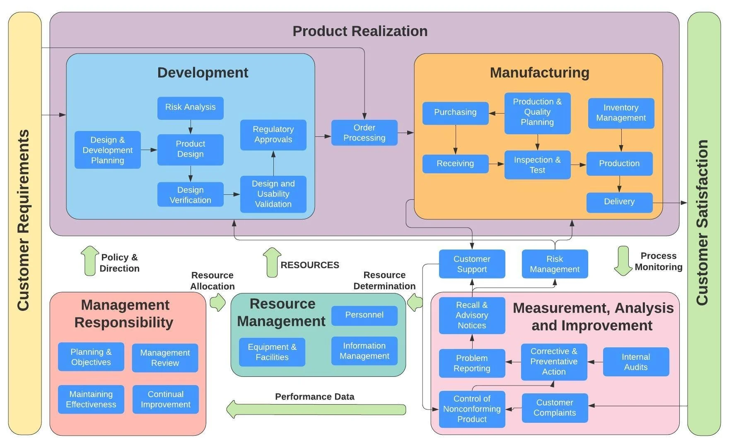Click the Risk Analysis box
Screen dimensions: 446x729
tap(190, 108)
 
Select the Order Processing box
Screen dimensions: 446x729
tap(364, 133)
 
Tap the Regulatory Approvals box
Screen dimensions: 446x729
tap(273, 135)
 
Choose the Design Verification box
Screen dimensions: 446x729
tap(190, 194)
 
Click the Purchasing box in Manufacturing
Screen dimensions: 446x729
tap(455, 113)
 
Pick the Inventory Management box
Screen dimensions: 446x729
tap(620, 113)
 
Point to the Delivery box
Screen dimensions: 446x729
tap(619, 202)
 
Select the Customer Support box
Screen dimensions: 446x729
tap(472, 264)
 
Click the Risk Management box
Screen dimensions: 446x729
tap(554, 264)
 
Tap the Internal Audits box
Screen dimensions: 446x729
tap(635, 361)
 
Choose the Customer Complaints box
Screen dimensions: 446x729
tap(554, 407)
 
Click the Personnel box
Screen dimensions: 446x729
tap(364, 315)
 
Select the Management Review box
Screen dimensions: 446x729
tap(165, 357)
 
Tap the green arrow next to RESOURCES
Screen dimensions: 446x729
tap(272, 262)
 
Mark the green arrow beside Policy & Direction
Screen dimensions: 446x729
tap(89, 261)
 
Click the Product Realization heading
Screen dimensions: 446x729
tap(360, 31)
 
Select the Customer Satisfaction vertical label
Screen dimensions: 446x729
tap(703, 223)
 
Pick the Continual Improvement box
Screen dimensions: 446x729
tap(165, 399)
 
